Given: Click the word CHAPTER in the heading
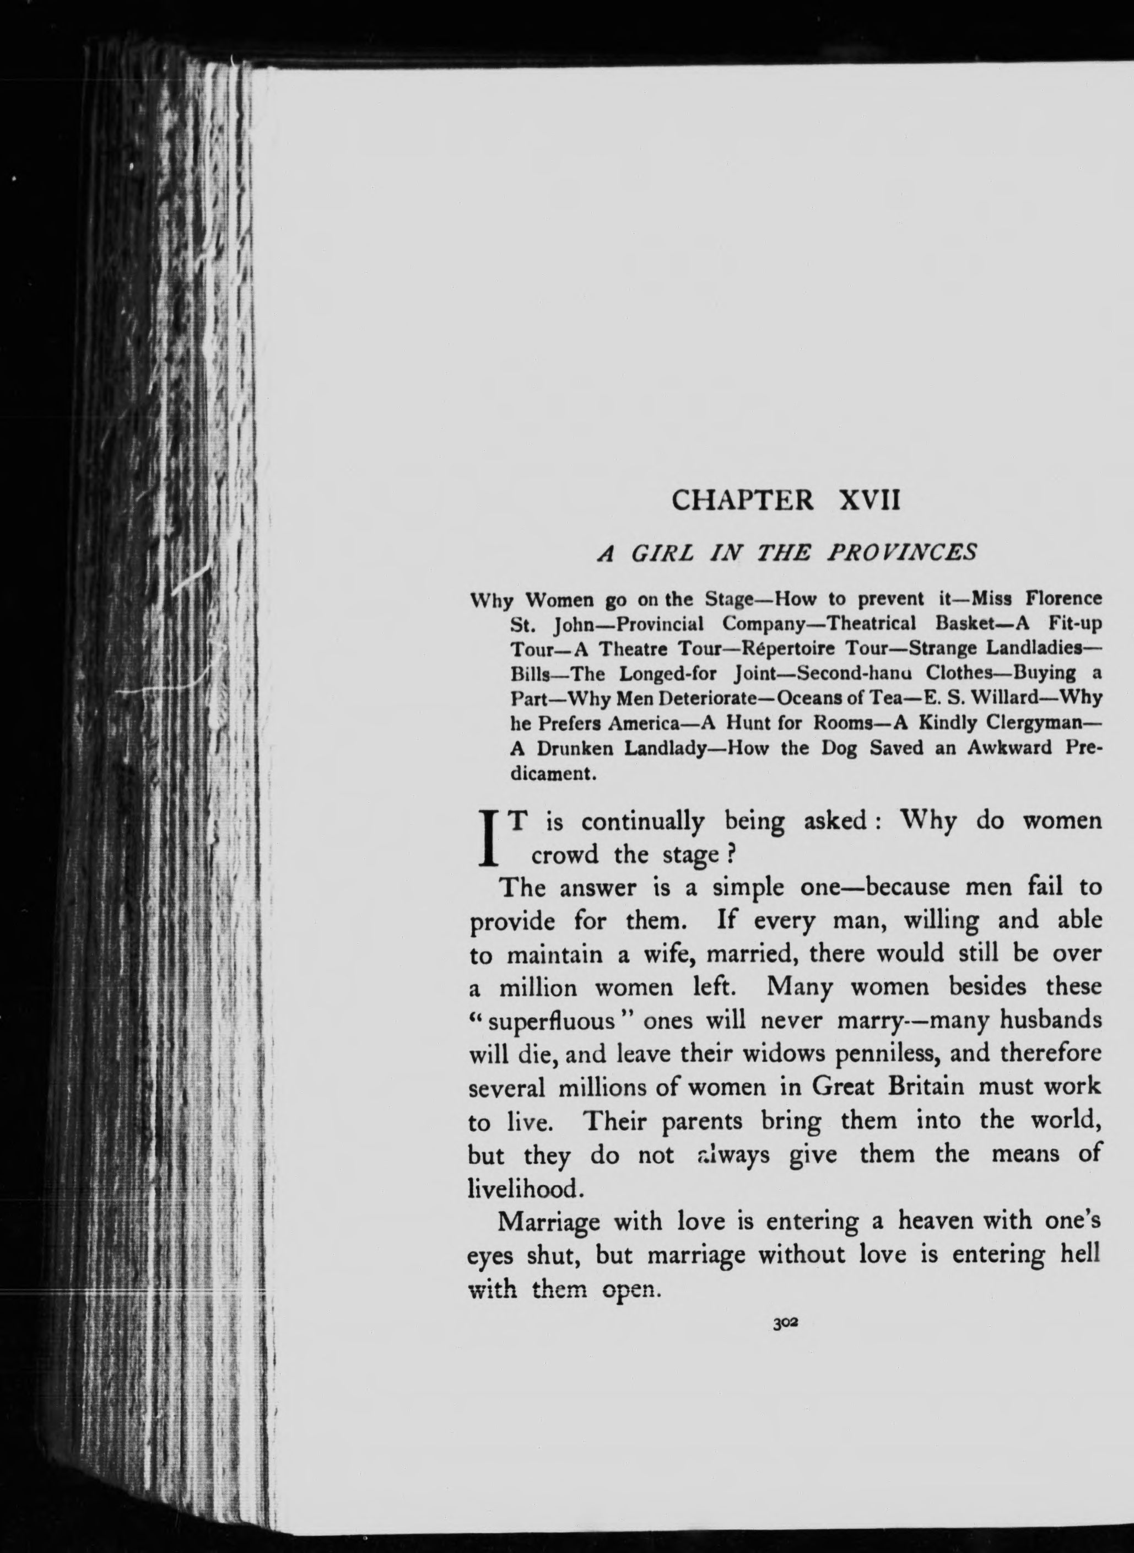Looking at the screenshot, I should pyautogui.click(x=743, y=500).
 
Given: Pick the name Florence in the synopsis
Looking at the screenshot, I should pyautogui.click(x=1064, y=599).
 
